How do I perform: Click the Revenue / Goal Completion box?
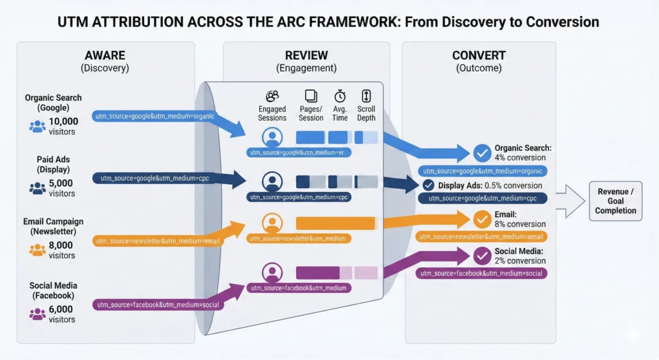[x=615, y=201]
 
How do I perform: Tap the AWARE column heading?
[x=106, y=55]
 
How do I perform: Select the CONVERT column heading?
[x=479, y=55]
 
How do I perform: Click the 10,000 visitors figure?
[x=63, y=126]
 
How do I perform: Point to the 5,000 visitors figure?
[x=62, y=188]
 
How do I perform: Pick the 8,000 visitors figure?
[x=62, y=250]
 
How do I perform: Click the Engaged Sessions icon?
[x=272, y=96]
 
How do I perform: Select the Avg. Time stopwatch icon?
[x=340, y=96]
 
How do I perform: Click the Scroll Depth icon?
[x=366, y=96]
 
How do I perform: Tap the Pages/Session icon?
[x=311, y=96]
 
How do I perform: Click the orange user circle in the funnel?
[x=273, y=223]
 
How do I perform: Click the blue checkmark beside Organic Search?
[x=481, y=153]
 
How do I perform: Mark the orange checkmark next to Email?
[x=481, y=220]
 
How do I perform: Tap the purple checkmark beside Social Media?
[x=481, y=256]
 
